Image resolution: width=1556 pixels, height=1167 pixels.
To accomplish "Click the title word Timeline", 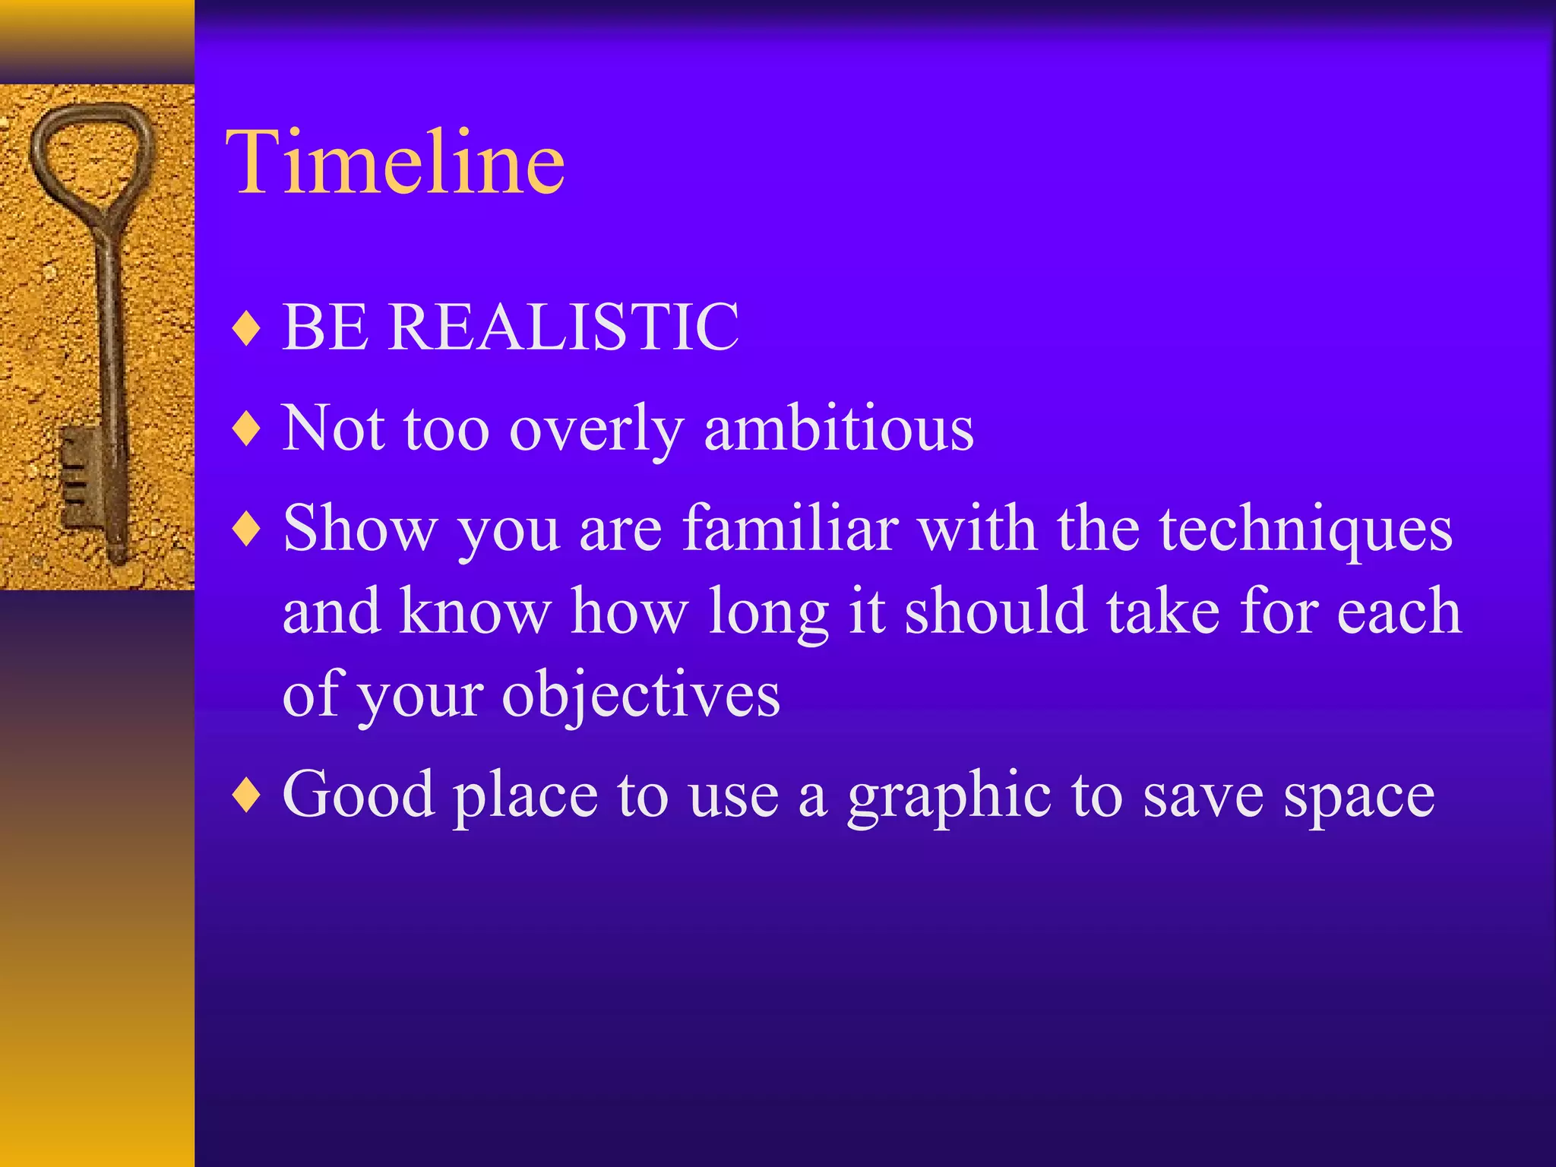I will [395, 162].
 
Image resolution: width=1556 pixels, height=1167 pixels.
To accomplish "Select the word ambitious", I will [839, 428].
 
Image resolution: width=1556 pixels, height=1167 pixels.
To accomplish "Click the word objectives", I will [640, 695].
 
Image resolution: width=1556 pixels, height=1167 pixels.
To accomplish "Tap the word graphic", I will [950, 796].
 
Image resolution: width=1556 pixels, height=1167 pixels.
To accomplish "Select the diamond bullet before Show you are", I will [247, 530].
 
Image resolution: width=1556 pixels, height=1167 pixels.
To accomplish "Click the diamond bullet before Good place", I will [247, 795].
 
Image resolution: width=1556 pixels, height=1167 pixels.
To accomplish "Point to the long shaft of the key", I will [110, 342].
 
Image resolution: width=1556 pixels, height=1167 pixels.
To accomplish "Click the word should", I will [995, 612].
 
